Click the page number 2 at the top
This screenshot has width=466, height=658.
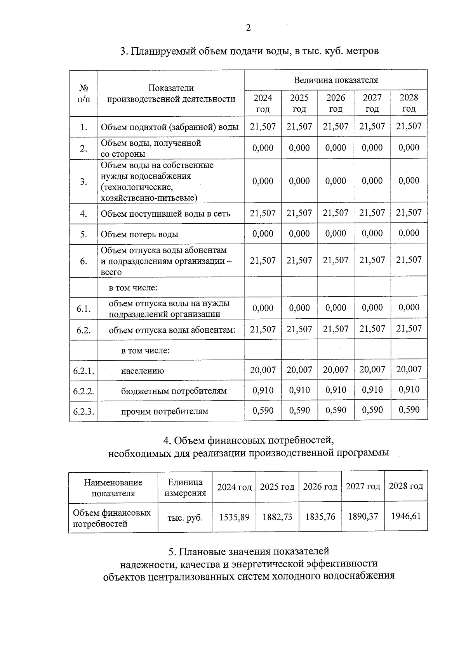click(248, 28)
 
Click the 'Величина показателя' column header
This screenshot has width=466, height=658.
click(336, 80)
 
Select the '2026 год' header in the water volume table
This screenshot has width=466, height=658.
click(336, 103)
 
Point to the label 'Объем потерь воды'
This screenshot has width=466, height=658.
click(139, 234)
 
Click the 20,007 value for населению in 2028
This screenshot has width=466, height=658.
click(409, 369)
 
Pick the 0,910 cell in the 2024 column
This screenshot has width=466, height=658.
click(263, 390)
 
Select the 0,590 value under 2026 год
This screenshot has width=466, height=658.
click(336, 410)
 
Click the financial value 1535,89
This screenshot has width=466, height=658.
click(234, 517)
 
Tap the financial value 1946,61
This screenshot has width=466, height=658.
click(405, 516)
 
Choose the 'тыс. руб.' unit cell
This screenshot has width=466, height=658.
click(185, 518)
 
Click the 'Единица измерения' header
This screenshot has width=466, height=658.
click(185, 488)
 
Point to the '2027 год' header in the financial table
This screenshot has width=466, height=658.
click(363, 486)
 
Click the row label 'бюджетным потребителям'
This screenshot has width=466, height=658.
click(174, 391)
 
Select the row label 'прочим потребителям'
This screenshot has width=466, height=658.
click(164, 411)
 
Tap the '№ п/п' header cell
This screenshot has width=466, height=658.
click(83, 93)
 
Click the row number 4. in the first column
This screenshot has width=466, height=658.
click(83, 214)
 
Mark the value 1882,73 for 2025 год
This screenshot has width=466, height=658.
click(277, 517)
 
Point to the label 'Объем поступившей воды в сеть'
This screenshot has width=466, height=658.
click(165, 214)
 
